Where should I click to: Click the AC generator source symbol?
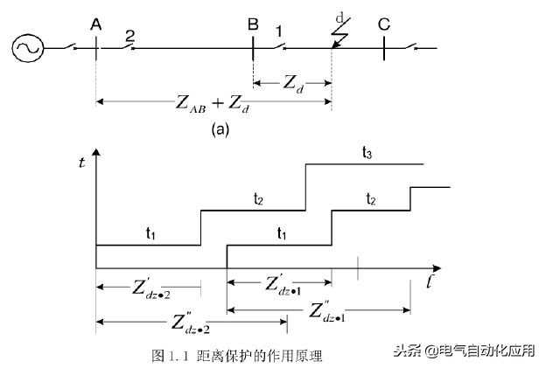point(28,48)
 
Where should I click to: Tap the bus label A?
point(95,24)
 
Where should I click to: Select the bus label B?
point(253,24)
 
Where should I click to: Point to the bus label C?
point(384,24)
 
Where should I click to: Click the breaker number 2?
point(129,36)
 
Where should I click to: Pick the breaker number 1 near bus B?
point(279,31)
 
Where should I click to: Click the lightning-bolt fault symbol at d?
point(340,33)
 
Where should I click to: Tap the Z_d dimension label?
point(293,84)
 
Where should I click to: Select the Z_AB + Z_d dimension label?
point(213,104)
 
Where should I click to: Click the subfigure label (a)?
point(220,129)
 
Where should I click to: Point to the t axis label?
point(82,162)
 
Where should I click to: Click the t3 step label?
point(367,152)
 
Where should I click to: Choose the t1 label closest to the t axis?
point(150,233)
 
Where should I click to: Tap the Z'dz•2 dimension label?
point(151,288)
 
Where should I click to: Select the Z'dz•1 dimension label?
point(283,285)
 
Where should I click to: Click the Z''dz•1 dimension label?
point(327,312)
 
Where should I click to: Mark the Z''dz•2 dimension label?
point(191,323)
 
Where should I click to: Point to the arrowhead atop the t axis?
point(96,152)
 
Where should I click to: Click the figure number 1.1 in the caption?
point(179,356)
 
